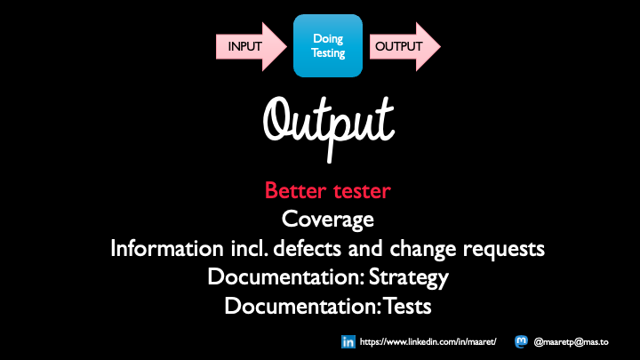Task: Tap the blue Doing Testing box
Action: point(328,45)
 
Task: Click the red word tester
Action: point(364,191)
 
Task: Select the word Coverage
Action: point(326,219)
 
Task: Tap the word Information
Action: point(164,248)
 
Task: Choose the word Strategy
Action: point(410,277)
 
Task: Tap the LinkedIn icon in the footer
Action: point(348,341)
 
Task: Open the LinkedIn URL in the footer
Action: point(432,341)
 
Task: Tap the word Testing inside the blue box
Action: point(328,52)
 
